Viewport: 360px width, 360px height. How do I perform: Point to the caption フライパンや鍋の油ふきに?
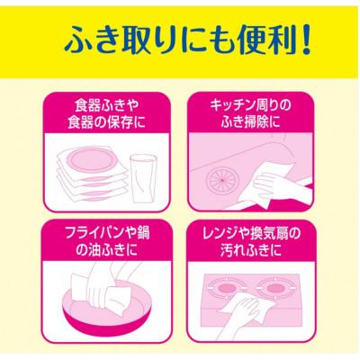click(98, 237)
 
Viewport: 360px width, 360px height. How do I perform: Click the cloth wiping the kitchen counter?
click(265, 183)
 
